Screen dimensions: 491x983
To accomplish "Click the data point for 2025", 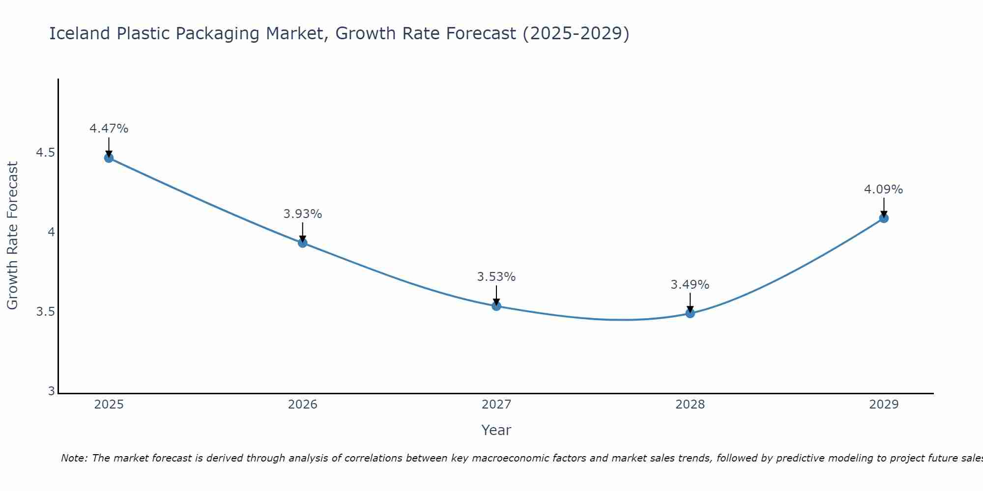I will tap(109, 158).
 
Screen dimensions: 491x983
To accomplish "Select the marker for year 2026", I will tap(302, 243).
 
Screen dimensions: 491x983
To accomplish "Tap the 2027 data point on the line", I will tap(496, 306).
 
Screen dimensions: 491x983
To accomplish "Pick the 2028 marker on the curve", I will tap(690, 313).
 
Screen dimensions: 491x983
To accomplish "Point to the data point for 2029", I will tap(884, 218).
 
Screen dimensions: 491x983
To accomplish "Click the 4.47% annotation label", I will tap(109, 129).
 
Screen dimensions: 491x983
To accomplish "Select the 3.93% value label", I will tap(302, 214).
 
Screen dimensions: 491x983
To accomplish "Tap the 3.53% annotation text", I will tap(496, 277).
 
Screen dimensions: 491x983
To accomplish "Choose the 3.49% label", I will tap(690, 285).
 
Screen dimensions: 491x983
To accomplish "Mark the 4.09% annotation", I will tap(884, 190).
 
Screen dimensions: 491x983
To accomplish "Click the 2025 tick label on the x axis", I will tap(109, 405).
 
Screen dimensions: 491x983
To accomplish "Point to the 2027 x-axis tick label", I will tap(496, 405).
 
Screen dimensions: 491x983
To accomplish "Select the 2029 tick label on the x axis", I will tap(884, 405).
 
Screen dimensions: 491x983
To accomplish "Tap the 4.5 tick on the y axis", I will tap(45, 153).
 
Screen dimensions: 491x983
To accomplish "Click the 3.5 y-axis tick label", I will tap(45, 312).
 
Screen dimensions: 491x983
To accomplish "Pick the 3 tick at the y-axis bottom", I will tap(51, 391).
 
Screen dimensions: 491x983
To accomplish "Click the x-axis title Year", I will tap(496, 430).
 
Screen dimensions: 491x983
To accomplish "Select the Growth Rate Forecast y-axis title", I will tap(12, 236).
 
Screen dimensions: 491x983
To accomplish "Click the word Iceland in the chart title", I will tap(80, 33).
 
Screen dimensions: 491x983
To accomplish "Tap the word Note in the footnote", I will tap(74, 458).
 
